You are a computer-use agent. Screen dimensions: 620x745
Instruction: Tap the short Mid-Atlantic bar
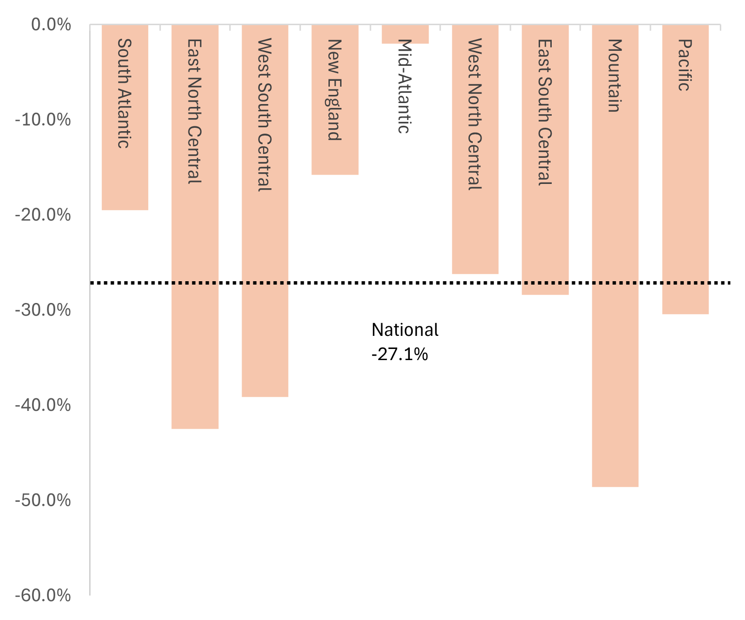tap(405, 34)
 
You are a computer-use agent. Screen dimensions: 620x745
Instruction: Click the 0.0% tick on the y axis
tap(51, 25)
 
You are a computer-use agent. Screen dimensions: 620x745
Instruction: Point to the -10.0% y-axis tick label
tap(44, 120)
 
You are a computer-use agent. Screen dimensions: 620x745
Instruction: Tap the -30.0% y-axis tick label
tap(44, 310)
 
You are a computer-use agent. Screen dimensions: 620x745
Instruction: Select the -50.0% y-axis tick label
tap(44, 500)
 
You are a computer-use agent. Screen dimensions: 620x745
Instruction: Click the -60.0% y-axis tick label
tap(44, 595)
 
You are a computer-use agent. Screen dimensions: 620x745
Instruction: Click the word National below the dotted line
tap(405, 330)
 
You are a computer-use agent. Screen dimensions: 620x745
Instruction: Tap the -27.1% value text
tap(400, 355)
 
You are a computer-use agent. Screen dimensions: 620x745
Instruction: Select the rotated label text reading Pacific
tap(684, 65)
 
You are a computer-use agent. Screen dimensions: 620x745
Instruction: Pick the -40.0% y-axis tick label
tap(44, 405)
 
